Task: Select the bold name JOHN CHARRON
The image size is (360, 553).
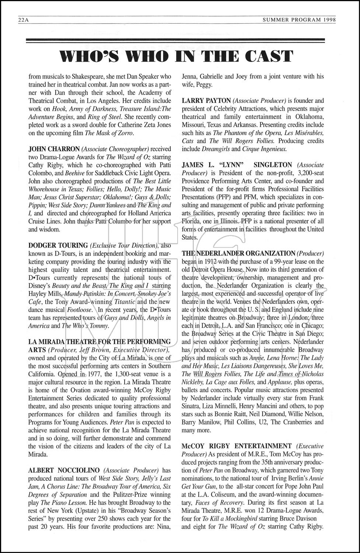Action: [x=54, y=149]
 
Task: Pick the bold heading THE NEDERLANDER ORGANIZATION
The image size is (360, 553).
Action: [x=238, y=253]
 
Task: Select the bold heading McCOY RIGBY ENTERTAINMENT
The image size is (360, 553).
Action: [x=237, y=446]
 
